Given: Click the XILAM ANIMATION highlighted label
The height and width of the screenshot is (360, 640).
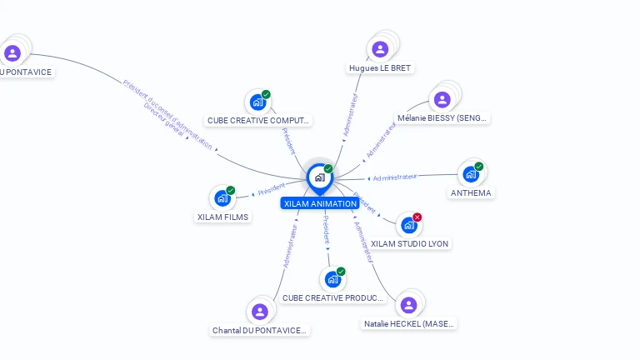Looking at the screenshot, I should pyautogui.click(x=320, y=203).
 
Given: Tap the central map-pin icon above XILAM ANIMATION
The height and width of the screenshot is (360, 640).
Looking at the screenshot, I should pyautogui.click(x=319, y=177).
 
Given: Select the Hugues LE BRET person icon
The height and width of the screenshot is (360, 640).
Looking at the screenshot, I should pyautogui.click(x=380, y=49).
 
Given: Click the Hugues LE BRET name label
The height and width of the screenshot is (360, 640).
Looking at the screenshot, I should pyautogui.click(x=380, y=67).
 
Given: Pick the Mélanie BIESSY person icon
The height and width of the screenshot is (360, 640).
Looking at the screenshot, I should pyautogui.click(x=442, y=100).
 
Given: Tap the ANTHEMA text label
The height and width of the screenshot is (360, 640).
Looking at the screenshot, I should pyautogui.click(x=471, y=192).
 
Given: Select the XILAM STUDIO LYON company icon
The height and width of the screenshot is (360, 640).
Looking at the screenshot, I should pyautogui.click(x=408, y=225).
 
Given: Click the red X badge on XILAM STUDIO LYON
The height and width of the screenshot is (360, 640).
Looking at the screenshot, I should pyautogui.click(x=417, y=217).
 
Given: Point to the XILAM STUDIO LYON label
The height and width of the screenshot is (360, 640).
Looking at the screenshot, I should pyautogui.click(x=409, y=243).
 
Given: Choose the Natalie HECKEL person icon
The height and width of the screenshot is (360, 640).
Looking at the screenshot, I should pyautogui.click(x=407, y=305).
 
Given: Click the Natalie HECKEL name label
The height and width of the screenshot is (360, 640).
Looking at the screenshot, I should pyautogui.click(x=409, y=323).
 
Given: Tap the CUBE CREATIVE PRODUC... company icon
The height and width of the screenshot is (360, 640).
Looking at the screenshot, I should pyautogui.click(x=332, y=279).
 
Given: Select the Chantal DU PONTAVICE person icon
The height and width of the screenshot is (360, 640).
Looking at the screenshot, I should pyautogui.click(x=260, y=312).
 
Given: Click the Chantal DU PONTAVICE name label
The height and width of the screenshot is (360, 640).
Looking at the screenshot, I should pyautogui.click(x=260, y=330).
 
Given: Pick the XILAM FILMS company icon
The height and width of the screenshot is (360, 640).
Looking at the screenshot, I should pyautogui.click(x=222, y=198).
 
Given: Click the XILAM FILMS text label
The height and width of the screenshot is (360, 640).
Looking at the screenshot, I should pyautogui.click(x=222, y=217).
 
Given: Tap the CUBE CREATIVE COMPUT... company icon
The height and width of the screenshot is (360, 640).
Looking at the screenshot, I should pyautogui.click(x=257, y=102).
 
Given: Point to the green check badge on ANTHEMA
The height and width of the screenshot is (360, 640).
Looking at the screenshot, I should pyautogui.click(x=478, y=167).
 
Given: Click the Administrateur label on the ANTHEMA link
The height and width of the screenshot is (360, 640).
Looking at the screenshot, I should pyautogui.click(x=395, y=177).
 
